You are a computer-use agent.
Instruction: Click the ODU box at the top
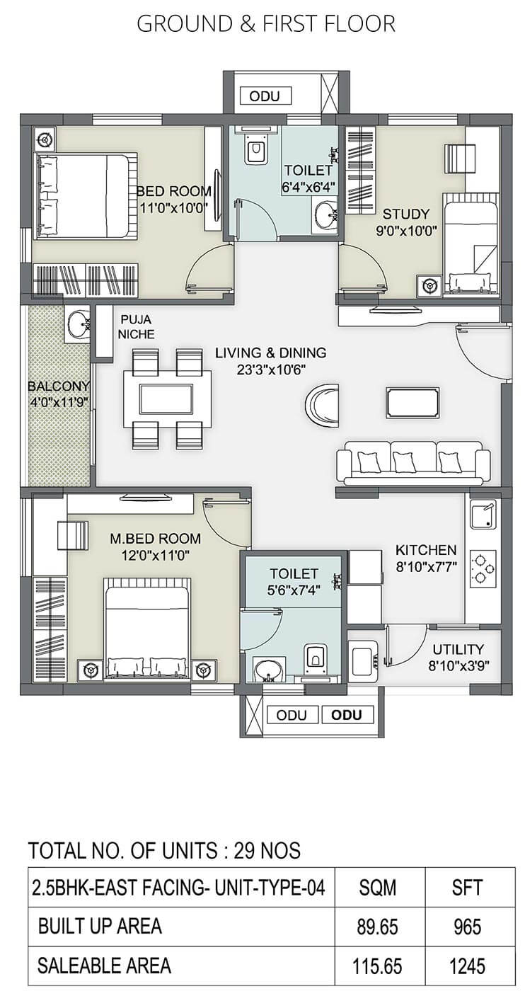pos(265,96)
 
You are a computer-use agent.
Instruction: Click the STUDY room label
pos(405,214)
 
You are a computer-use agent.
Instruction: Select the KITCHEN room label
pos(425,550)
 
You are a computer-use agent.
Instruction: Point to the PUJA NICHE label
pos(137,326)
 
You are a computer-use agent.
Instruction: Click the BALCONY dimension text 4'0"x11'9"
pos(59,402)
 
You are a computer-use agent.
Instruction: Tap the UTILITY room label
pos(458,649)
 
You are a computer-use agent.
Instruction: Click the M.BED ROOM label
pos(155,539)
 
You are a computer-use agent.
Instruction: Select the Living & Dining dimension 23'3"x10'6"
pos(271,369)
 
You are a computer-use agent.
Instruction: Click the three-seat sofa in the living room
pos(413,462)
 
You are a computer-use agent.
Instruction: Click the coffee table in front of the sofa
pos(412,402)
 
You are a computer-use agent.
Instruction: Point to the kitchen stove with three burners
pos(482,568)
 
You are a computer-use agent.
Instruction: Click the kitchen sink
pos(483,515)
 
